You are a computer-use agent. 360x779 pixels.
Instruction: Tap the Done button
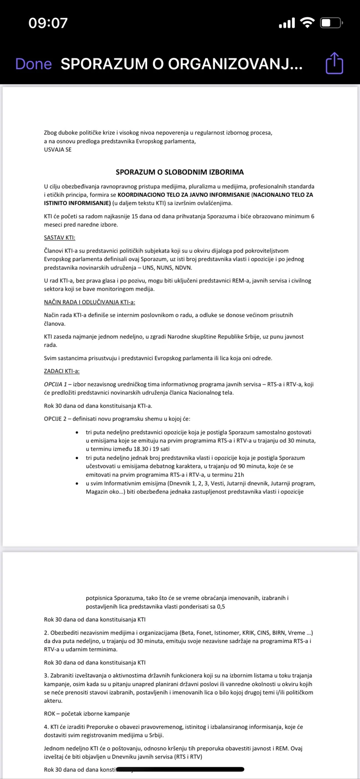33,64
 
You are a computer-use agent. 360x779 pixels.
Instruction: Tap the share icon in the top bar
334,63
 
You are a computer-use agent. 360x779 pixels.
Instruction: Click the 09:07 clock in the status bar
48,23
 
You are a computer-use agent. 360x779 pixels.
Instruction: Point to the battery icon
332,23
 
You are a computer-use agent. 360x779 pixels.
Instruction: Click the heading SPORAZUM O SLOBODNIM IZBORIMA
180,172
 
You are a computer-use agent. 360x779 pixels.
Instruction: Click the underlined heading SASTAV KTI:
60,237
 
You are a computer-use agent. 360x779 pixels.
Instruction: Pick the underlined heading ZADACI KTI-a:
62,371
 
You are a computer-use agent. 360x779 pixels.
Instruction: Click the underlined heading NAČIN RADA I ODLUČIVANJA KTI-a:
89,302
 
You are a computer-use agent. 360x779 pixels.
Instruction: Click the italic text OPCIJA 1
55,384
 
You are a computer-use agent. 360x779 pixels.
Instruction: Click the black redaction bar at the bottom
180,769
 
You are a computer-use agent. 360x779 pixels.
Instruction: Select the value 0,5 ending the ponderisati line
221,606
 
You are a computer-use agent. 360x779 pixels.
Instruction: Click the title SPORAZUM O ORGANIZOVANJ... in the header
181,64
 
